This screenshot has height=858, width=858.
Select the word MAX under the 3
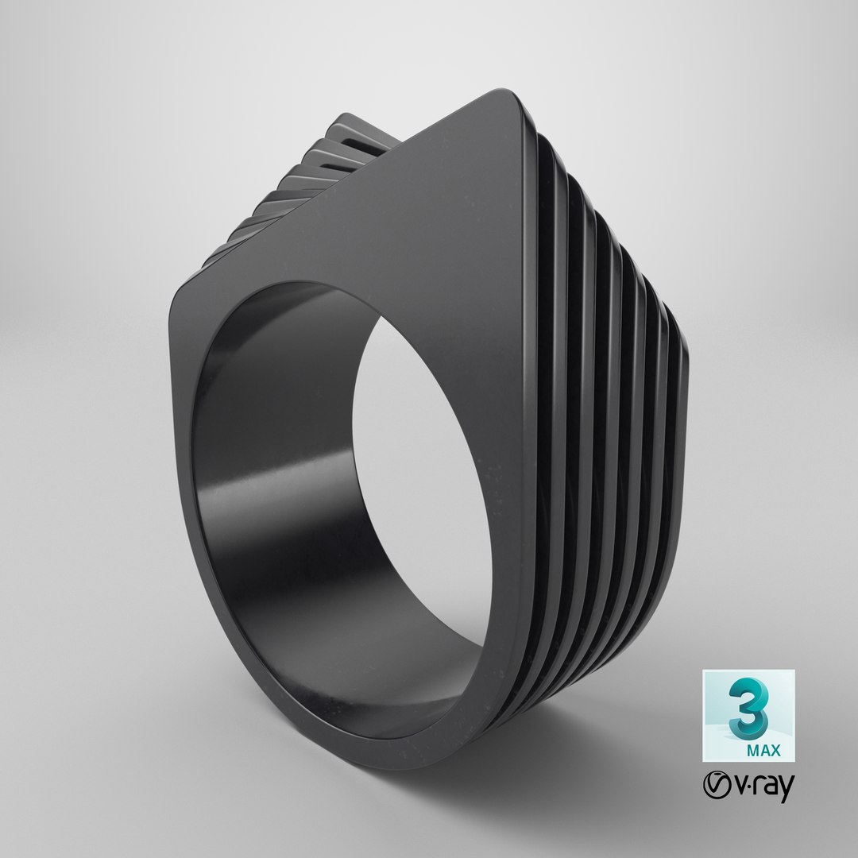pos(763,748)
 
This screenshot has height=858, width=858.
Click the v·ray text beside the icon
pos(759,789)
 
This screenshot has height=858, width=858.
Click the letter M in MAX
pos(751,748)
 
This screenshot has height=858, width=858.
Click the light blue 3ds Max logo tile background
pos(719,731)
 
